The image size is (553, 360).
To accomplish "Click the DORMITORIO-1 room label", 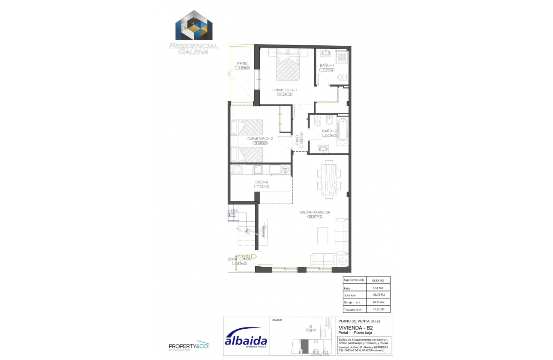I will tap(285, 90).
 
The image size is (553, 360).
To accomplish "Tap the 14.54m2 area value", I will tap(285, 95).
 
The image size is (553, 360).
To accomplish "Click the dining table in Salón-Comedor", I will tap(329, 179).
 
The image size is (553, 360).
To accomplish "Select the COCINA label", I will tap(261, 182).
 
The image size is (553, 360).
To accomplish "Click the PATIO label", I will tap(242, 63).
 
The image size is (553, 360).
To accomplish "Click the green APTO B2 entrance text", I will tap(243, 256).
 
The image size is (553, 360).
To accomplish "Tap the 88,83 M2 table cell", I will tap(378, 281).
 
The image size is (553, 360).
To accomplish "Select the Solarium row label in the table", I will tap(350, 295).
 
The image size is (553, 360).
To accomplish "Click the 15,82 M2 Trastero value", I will tap(378, 309).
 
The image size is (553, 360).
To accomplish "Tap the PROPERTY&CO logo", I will tap(189, 345).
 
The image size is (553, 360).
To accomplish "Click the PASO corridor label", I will tap(297, 140).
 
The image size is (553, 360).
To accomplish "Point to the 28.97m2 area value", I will tap(315, 217).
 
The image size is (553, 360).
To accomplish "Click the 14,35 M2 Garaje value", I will tap(378, 302).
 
